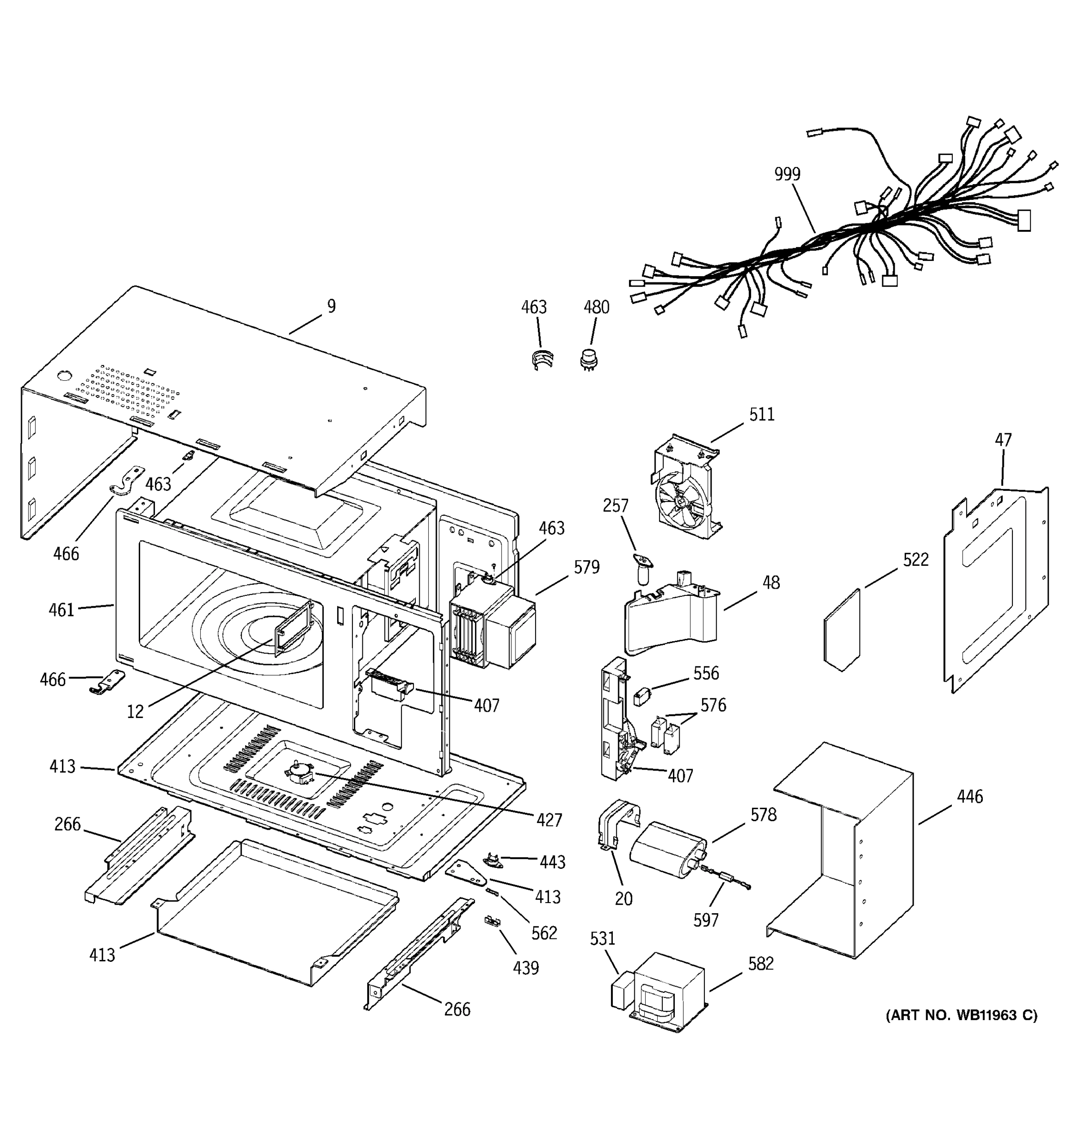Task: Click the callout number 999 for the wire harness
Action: coord(787,174)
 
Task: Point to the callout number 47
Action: coord(1003,440)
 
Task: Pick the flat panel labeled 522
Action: coord(842,631)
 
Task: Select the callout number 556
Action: coord(706,673)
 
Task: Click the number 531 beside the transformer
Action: coord(602,939)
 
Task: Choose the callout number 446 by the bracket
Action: coord(970,797)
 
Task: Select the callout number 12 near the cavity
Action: coord(135,712)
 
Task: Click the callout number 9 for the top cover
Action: coord(331,306)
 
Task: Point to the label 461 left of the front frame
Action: coord(62,609)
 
